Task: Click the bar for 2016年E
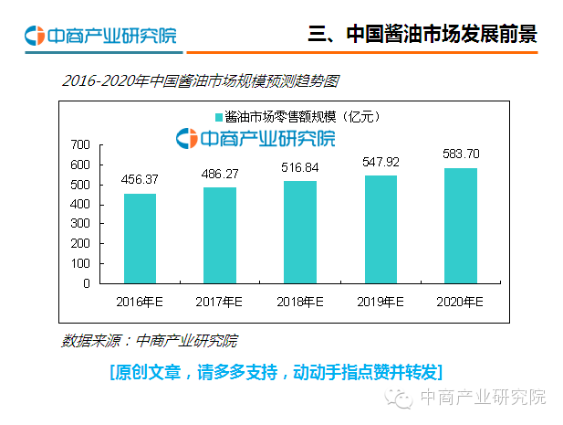[x=140, y=239]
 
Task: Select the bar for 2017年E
[x=219, y=235]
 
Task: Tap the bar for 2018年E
[x=300, y=232]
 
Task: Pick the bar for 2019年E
[x=381, y=229]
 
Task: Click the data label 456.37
[x=140, y=179]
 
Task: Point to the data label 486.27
[x=219, y=173]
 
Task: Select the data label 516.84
[x=300, y=167]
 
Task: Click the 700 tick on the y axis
[x=80, y=144]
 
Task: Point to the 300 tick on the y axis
[x=80, y=224]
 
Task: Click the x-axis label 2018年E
[x=300, y=301]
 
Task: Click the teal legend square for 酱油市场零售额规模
[x=218, y=116]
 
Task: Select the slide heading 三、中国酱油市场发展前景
[x=422, y=35]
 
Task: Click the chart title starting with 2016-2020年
[x=200, y=81]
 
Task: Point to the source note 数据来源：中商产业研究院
[x=149, y=340]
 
